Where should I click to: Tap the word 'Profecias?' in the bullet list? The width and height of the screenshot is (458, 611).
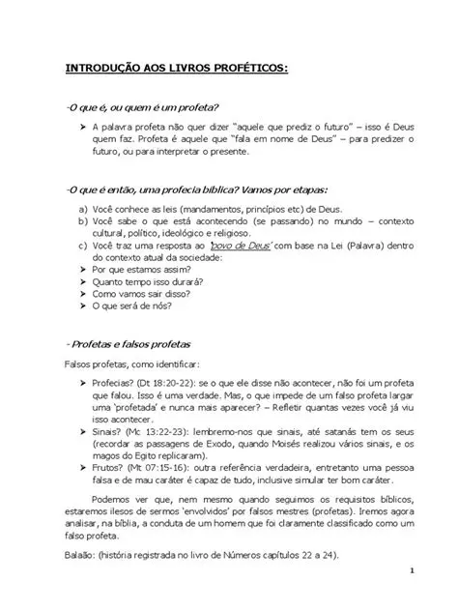point(116,382)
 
